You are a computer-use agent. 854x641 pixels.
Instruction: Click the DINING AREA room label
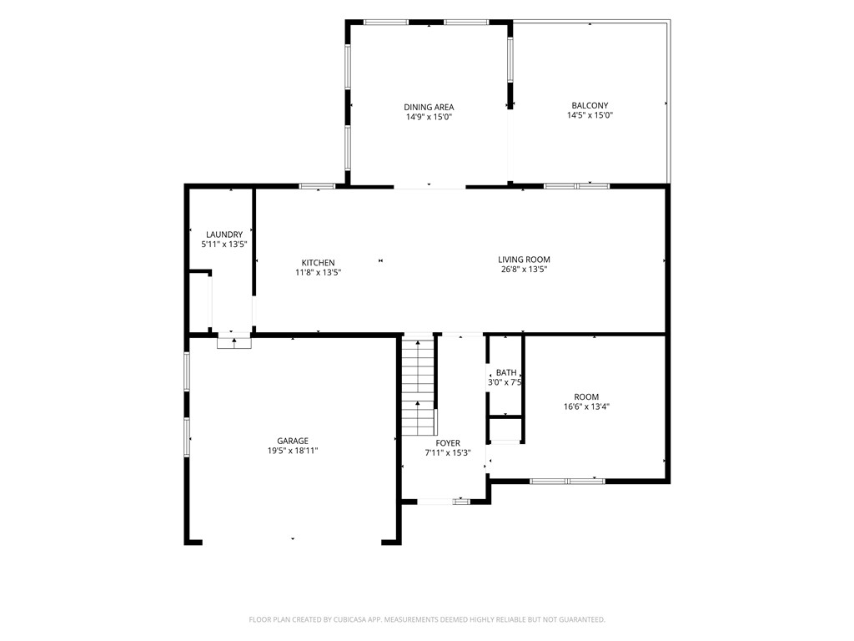pos(429,108)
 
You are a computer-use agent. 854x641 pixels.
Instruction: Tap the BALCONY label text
pos(590,106)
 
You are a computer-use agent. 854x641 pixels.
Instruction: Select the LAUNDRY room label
pos(224,235)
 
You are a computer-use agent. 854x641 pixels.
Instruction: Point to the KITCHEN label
pos(318,263)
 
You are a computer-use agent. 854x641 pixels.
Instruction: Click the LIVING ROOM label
pos(524,260)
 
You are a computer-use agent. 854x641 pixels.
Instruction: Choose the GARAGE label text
pos(293,441)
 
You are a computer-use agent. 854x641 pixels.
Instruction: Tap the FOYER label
pos(448,444)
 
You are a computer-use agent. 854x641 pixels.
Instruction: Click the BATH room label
pos(506,373)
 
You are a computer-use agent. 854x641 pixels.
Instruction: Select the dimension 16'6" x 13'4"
pos(586,406)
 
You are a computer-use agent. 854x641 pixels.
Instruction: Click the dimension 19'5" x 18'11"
pos(293,451)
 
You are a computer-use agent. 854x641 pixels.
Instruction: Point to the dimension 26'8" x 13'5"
pos(524,270)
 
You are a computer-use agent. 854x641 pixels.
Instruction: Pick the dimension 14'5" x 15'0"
pos(590,115)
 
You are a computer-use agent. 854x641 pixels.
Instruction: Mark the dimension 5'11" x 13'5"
pos(224,245)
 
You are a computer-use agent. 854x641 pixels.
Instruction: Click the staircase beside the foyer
pos(419,386)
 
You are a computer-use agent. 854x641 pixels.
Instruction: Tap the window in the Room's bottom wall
pos(567,482)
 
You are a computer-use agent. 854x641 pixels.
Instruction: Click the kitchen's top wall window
pos(318,186)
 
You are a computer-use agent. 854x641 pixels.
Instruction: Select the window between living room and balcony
pos(577,186)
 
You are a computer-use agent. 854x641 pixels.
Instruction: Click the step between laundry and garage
pos(234,343)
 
